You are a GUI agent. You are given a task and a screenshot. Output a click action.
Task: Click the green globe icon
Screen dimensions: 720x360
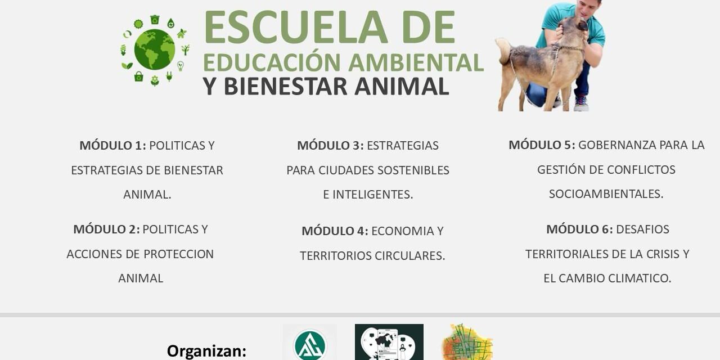pyautogui.click(x=155, y=49)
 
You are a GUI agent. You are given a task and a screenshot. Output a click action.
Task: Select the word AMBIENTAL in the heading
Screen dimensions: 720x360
pyautogui.click(x=416, y=62)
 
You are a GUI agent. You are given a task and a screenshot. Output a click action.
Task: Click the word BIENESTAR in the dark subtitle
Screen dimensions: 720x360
pyautogui.click(x=285, y=86)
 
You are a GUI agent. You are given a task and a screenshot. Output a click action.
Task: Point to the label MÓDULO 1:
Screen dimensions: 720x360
pyautogui.click(x=113, y=145)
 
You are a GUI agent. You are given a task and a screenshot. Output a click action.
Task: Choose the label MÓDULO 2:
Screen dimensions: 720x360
pyautogui.click(x=107, y=229)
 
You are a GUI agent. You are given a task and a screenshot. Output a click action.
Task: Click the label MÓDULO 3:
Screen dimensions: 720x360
pyautogui.click(x=330, y=145)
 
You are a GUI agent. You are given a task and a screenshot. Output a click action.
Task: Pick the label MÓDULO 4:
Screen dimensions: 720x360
pyautogui.click(x=335, y=231)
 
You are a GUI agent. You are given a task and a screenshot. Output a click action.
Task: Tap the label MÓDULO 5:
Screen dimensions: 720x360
pyautogui.click(x=542, y=145)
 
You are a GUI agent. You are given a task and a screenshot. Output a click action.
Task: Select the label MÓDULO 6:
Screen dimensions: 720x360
pyautogui.click(x=580, y=229)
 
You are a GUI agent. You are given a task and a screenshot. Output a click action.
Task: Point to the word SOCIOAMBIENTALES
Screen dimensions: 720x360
pyautogui.click(x=606, y=194)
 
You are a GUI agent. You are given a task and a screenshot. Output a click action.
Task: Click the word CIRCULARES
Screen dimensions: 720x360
pyautogui.click(x=410, y=256)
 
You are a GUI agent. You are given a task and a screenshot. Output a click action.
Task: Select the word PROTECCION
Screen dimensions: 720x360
pyautogui.click(x=178, y=254)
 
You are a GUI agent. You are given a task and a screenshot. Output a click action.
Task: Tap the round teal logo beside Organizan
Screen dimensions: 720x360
pyautogui.click(x=310, y=345)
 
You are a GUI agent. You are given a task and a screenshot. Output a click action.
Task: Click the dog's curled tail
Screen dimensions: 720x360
pyautogui.click(x=503, y=51)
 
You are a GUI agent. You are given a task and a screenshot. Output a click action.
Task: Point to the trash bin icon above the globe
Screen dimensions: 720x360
pyautogui.click(x=155, y=19)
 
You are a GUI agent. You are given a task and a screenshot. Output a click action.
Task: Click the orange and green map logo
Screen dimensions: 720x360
pyautogui.click(x=467, y=343)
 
